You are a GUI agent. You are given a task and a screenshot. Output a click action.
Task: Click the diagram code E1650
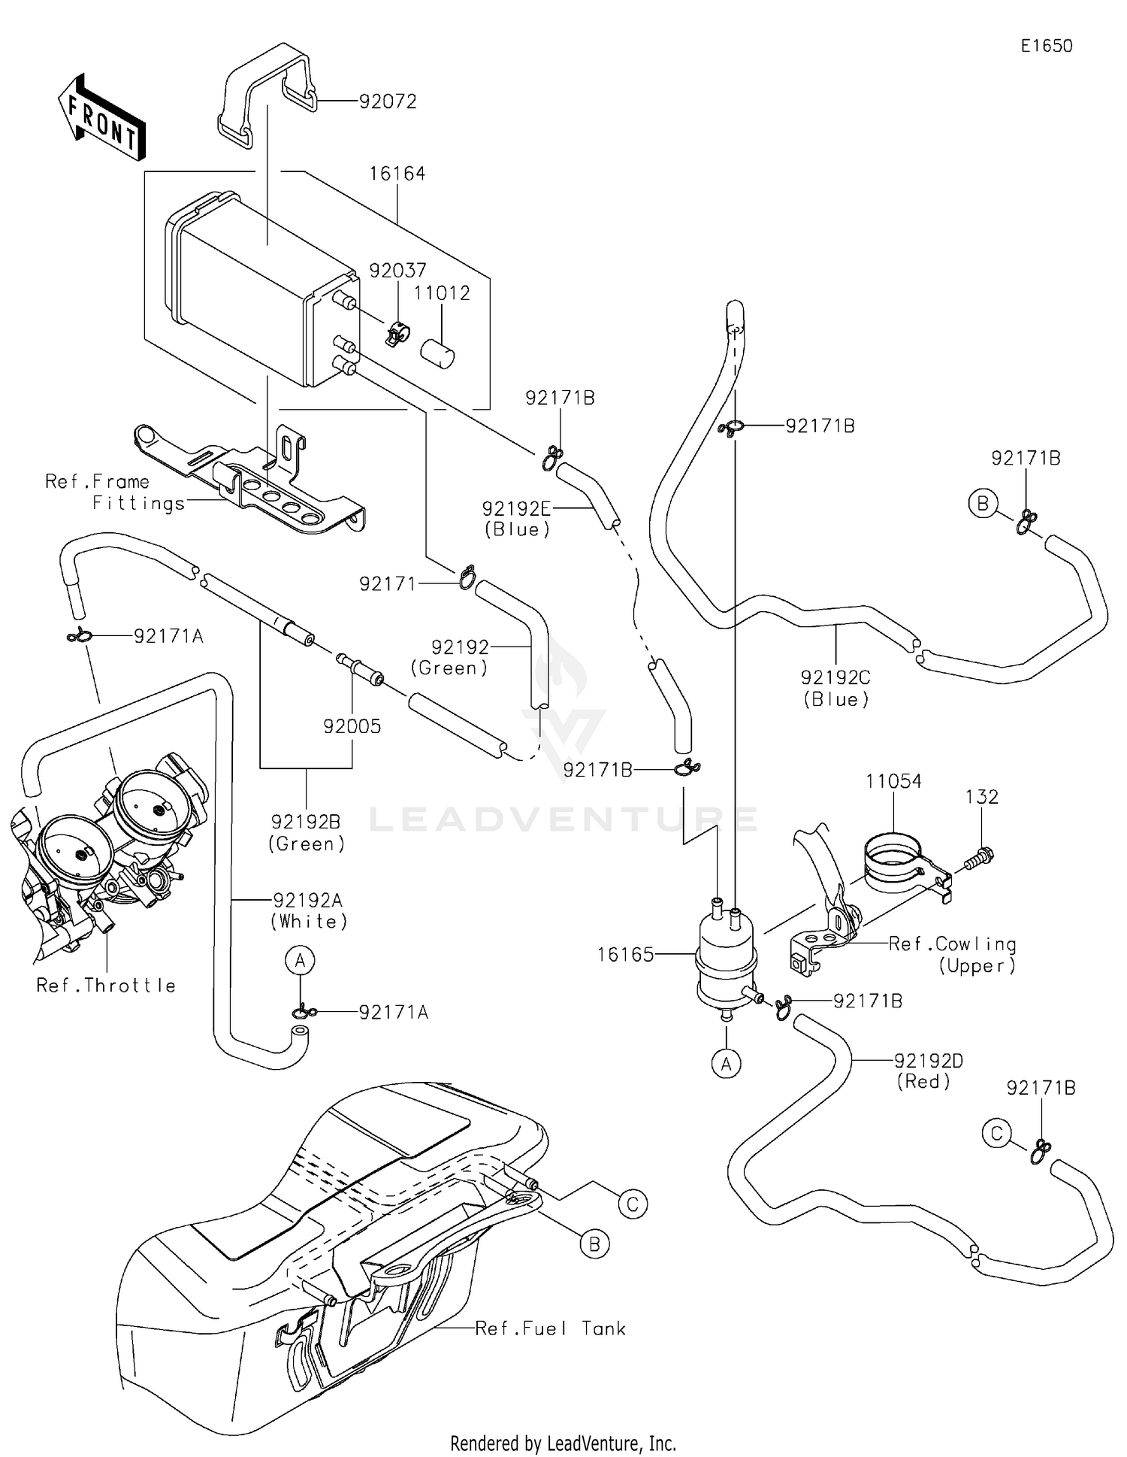1046,46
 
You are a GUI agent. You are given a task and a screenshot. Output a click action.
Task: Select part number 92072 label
388,101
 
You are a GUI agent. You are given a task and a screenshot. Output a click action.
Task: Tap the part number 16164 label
397,174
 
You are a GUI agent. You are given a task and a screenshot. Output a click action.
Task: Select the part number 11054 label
893,782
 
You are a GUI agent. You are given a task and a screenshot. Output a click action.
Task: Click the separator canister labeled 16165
725,959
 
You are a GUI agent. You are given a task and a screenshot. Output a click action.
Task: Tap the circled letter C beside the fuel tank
632,1204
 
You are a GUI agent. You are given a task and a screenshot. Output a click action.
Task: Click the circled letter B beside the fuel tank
594,1244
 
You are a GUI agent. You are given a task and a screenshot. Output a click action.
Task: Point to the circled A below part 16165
726,1064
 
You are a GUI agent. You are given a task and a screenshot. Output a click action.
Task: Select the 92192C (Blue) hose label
835,688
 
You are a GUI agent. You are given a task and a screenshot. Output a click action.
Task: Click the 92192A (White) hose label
309,910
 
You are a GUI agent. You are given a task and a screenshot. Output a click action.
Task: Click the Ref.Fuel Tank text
550,1328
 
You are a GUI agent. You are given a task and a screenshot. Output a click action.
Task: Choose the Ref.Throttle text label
106,985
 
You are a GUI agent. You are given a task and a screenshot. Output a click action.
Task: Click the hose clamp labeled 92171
467,577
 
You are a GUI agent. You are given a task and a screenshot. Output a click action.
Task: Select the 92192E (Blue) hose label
517,519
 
